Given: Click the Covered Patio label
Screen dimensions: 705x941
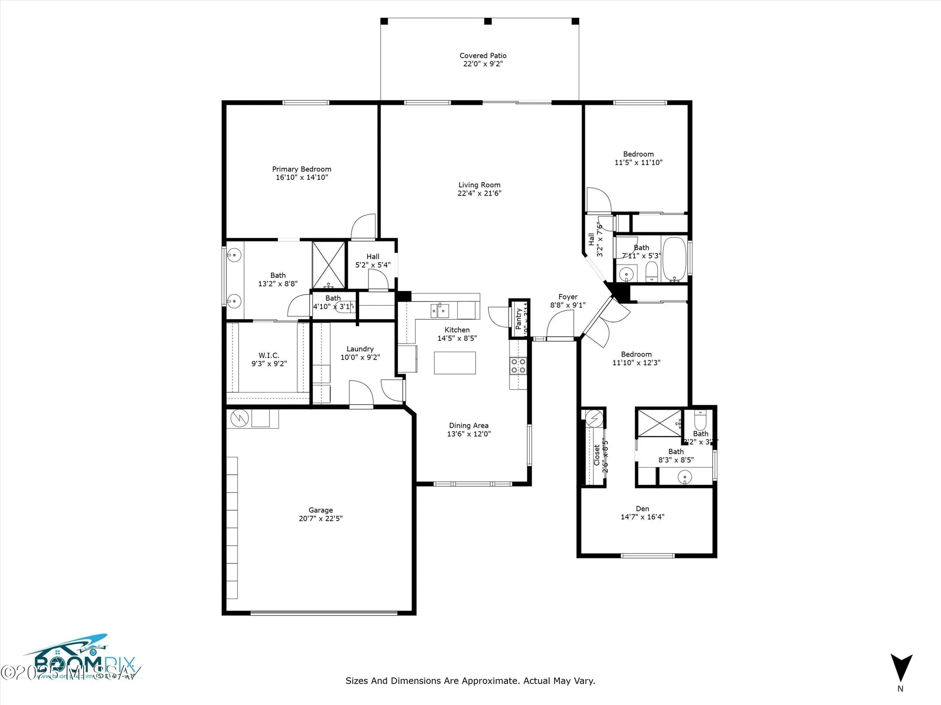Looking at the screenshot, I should click(x=483, y=55).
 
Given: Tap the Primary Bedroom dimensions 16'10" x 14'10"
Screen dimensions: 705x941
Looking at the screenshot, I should click(x=302, y=178).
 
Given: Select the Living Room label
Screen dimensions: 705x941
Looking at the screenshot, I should click(x=479, y=185).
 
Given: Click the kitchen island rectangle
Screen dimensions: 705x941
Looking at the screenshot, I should click(x=455, y=363).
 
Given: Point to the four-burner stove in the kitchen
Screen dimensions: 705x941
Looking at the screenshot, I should click(x=518, y=366).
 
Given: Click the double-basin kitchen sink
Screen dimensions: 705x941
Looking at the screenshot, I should click(x=439, y=311).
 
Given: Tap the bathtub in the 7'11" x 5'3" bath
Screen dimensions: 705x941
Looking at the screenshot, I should click(x=674, y=259).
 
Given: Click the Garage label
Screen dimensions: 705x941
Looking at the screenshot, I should click(x=320, y=510).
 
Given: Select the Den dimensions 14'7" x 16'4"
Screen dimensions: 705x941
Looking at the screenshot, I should click(x=642, y=517).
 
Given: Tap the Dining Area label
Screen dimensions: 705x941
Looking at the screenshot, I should click(x=468, y=425).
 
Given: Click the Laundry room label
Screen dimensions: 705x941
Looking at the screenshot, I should click(x=360, y=349).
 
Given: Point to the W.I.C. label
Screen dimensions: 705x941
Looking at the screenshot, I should click(x=269, y=355).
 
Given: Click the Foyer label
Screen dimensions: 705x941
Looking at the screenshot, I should click(x=568, y=297).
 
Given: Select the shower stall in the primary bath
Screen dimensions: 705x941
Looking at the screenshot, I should click(x=329, y=265).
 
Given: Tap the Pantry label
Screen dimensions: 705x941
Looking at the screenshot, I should click(x=518, y=318).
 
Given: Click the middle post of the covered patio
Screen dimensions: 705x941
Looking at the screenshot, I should click(x=488, y=21).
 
